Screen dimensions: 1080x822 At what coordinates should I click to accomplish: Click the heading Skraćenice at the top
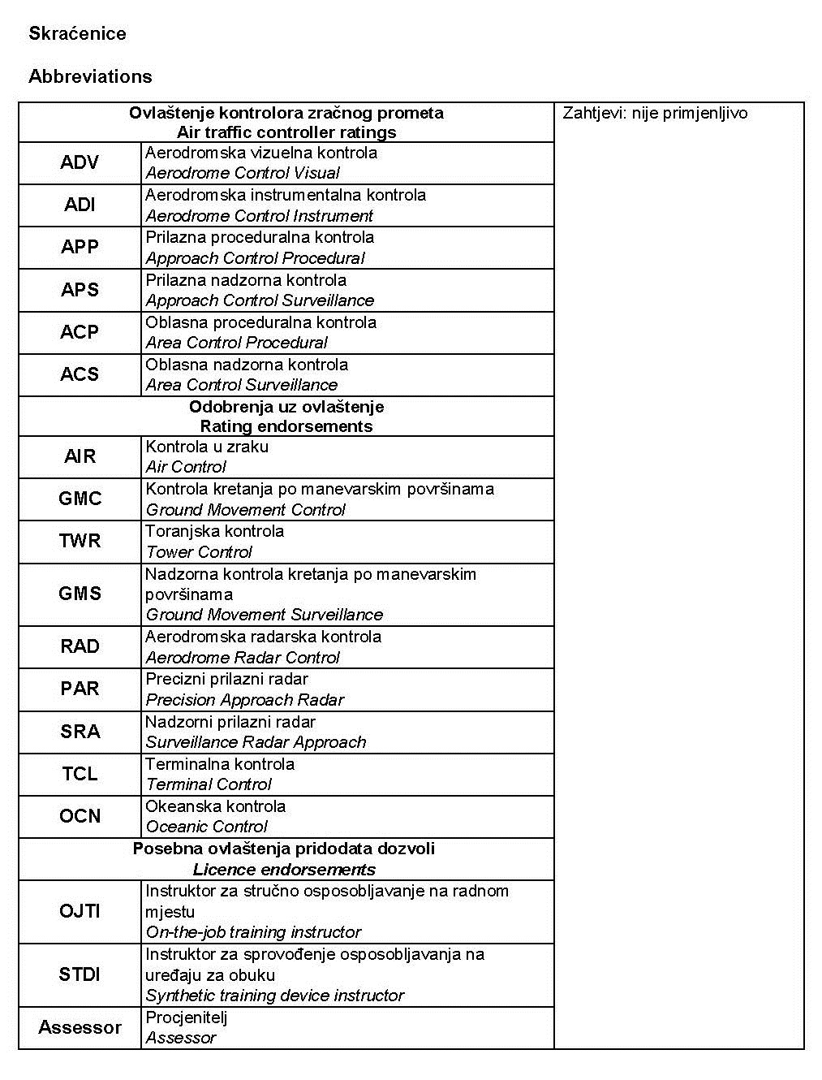(x=77, y=33)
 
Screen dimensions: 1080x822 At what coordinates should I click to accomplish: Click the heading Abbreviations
(x=90, y=76)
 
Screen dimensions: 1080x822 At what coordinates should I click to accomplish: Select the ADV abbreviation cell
(x=80, y=162)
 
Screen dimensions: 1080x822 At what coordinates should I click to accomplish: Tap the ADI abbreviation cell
(x=80, y=205)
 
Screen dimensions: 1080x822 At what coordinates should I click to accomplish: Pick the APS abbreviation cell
(x=80, y=290)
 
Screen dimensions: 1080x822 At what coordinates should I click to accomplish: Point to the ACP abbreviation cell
(x=80, y=332)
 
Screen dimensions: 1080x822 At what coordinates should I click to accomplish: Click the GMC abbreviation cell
(x=80, y=499)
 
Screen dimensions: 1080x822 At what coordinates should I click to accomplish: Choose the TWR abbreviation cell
(x=80, y=541)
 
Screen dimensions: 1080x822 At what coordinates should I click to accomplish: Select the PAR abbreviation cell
(x=80, y=689)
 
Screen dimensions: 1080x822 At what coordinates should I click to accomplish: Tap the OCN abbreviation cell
(x=80, y=816)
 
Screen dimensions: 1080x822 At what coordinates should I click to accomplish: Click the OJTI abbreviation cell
(x=80, y=911)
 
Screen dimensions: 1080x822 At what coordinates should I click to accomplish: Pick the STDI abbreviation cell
(x=80, y=974)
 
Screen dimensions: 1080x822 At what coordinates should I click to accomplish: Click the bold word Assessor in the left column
(x=80, y=1027)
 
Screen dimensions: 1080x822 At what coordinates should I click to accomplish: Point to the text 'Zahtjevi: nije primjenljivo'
(x=655, y=113)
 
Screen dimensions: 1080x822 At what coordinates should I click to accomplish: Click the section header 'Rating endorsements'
(x=286, y=426)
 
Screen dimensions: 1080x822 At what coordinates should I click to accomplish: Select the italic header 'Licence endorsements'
(x=284, y=870)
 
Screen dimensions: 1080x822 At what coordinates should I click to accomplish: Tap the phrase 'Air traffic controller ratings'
(x=286, y=132)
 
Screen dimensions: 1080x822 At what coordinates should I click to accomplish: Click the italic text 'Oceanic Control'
(x=206, y=827)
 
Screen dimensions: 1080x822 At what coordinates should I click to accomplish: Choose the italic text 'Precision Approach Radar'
(x=244, y=700)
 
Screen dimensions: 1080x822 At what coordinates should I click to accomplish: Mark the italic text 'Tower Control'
(x=199, y=552)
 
